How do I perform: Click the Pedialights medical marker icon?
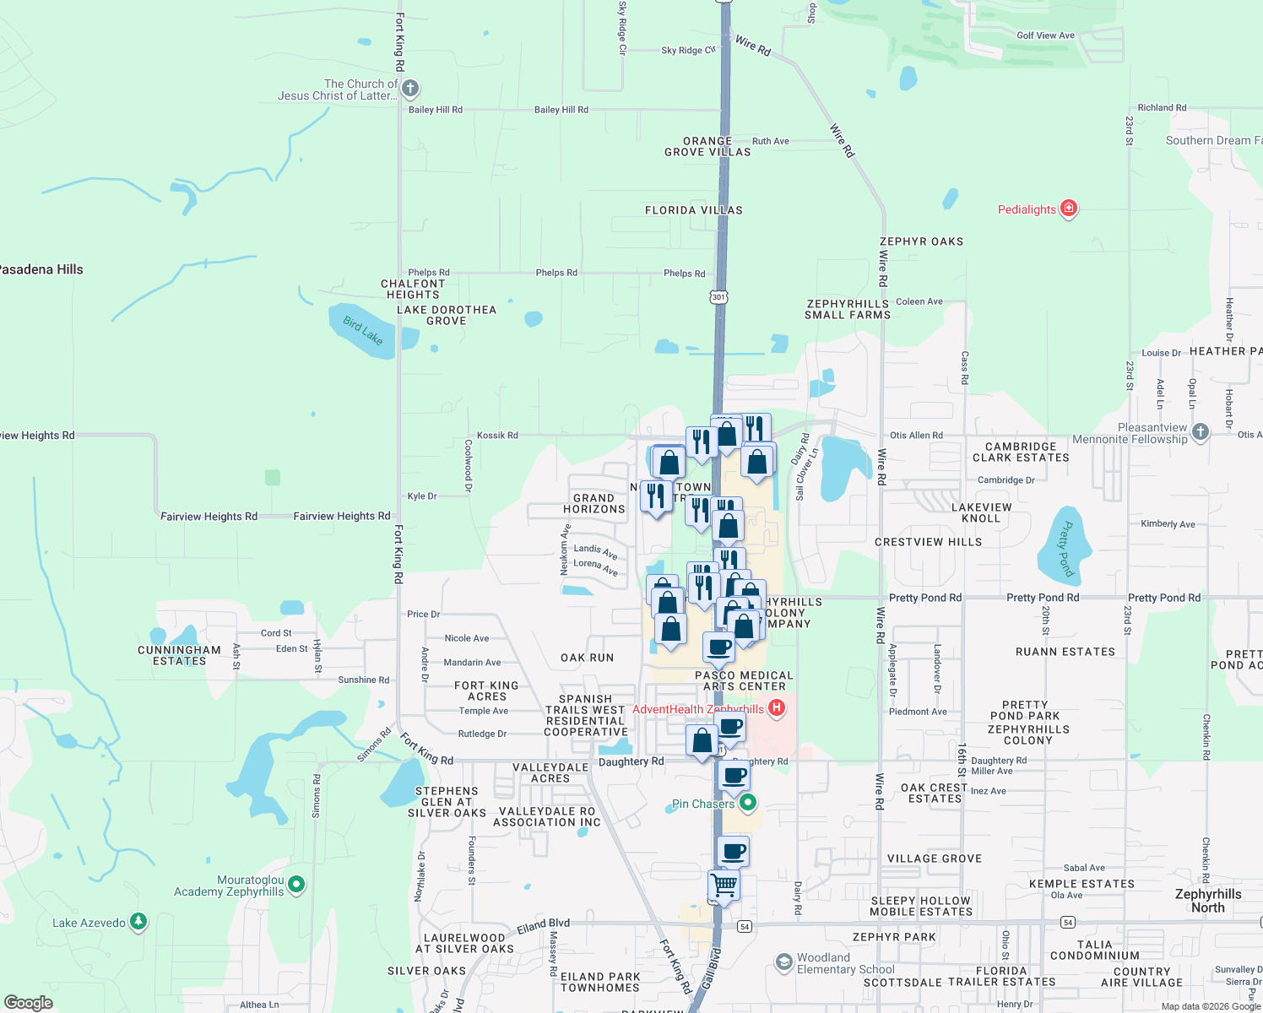pyautogui.click(x=1068, y=209)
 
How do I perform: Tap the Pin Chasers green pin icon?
pyautogui.click(x=747, y=803)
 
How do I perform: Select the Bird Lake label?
pyautogui.click(x=363, y=330)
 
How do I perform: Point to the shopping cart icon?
pyautogui.click(x=724, y=886)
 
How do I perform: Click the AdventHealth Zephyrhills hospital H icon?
pyautogui.click(x=777, y=708)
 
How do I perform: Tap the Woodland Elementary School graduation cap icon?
pyautogui.click(x=784, y=962)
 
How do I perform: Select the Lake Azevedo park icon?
pyautogui.click(x=138, y=922)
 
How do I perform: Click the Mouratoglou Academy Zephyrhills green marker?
pyautogui.click(x=295, y=885)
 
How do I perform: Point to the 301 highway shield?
pyautogui.click(x=718, y=297)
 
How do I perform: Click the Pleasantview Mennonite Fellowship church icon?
pyautogui.click(x=1201, y=431)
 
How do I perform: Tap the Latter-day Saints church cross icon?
pyautogui.click(x=409, y=88)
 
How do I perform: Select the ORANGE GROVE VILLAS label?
pyautogui.click(x=707, y=147)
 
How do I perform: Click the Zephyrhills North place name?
pyautogui.click(x=1208, y=901)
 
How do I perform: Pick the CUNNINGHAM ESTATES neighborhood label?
pyautogui.click(x=179, y=655)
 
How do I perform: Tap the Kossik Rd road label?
pyautogui.click(x=497, y=436)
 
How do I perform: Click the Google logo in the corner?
pyautogui.click(x=28, y=1002)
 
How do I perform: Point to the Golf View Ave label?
pyautogui.click(x=1045, y=35)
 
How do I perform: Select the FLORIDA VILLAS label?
pyautogui.click(x=693, y=210)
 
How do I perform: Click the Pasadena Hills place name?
pyautogui.click(x=41, y=269)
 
